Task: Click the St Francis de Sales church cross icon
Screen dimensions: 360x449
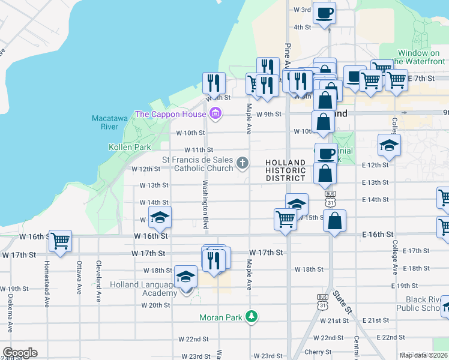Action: pyautogui.click(x=243, y=163)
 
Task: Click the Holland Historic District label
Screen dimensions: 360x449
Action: pyautogui.click(x=286, y=170)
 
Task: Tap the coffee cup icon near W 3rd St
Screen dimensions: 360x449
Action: pyautogui.click(x=324, y=13)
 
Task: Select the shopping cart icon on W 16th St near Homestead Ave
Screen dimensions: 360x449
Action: pyautogui.click(x=61, y=241)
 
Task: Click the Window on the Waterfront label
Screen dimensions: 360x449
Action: pyautogui.click(x=421, y=57)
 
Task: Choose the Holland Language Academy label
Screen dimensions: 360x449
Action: pyautogui.click(x=144, y=289)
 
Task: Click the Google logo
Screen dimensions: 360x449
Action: pyautogui.click(x=19, y=353)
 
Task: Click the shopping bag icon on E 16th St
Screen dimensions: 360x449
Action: pyautogui.click(x=335, y=221)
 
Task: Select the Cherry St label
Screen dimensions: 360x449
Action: pyautogui.click(x=318, y=352)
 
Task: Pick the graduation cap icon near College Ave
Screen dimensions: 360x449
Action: pyautogui.click(x=389, y=145)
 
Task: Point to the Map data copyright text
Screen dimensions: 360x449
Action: pyautogui.click(x=423, y=355)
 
